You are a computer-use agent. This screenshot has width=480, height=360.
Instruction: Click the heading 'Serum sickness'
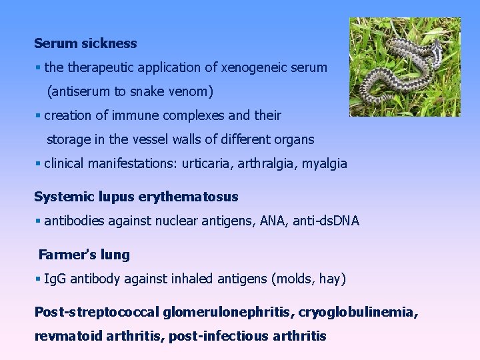pyautogui.click(x=85, y=44)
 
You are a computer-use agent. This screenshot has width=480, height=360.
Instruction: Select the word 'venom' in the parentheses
pyautogui.click(x=207, y=91)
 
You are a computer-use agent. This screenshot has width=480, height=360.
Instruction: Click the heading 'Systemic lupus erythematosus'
pyautogui.click(x=136, y=197)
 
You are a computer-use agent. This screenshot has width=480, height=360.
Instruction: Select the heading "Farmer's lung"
pyautogui.click(x=84, y=255)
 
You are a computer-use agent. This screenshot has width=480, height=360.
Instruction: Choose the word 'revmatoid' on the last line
pyautogui.click(x=65, y=336)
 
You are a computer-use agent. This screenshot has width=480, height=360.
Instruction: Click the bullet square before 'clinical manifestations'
pyautogui.click(x=38, y=164)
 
